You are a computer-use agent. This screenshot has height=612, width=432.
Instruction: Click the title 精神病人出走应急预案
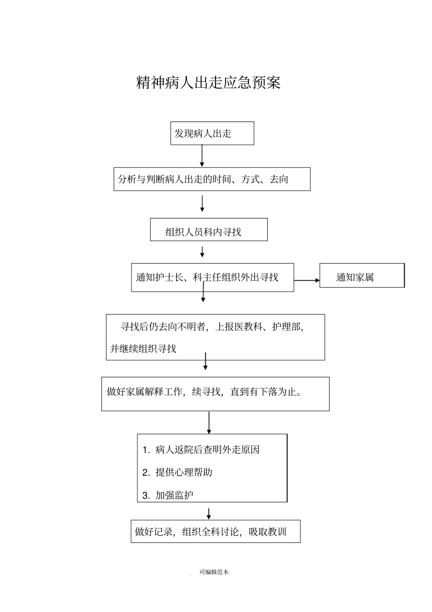tap(209, 82)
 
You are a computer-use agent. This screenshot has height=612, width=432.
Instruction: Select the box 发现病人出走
tap(212, 133)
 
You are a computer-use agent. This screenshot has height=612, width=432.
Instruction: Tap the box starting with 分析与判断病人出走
tap(212, 179)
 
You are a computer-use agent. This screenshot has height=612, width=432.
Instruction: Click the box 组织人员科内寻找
tap(209, 230)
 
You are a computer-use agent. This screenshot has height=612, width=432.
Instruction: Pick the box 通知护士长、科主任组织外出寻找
tap(212, 277)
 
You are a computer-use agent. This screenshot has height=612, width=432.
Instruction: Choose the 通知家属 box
tap(362, 276)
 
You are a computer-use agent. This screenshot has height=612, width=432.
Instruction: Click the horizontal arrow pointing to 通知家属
tap(307, 280)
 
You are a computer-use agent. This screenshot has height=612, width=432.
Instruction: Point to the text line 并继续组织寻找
tap(143, 349)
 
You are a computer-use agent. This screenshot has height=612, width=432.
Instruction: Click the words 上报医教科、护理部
tap(259, 327)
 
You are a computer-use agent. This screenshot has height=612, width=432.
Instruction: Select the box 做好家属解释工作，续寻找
tap(215, 394)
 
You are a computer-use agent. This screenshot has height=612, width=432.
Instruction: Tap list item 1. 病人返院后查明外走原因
tap(201, 450)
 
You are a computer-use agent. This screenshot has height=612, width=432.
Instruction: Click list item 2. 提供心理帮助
tap(177, 472)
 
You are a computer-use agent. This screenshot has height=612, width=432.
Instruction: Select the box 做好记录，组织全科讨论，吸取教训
tap(216, 531)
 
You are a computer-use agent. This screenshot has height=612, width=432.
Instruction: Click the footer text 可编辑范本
tap(214, 572)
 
